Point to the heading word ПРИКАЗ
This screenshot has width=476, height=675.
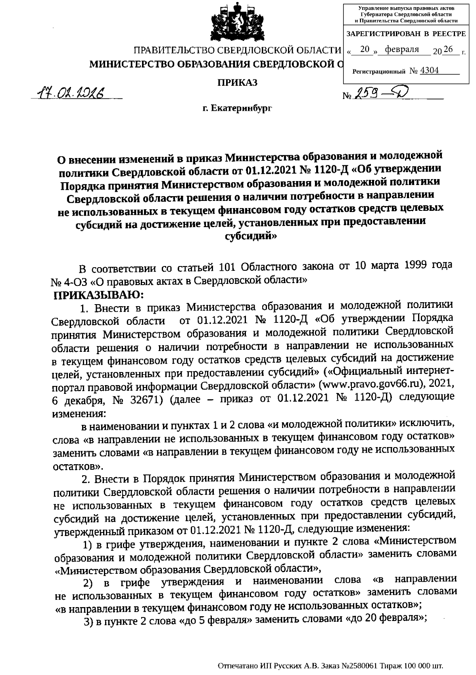click(x=237, y=82)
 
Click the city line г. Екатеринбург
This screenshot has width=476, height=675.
click(x=237, y=108)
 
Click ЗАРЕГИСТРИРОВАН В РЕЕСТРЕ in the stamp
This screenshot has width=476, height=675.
click(x=406, y=34)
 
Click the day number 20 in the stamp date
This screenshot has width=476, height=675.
click(x=365, y=49)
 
